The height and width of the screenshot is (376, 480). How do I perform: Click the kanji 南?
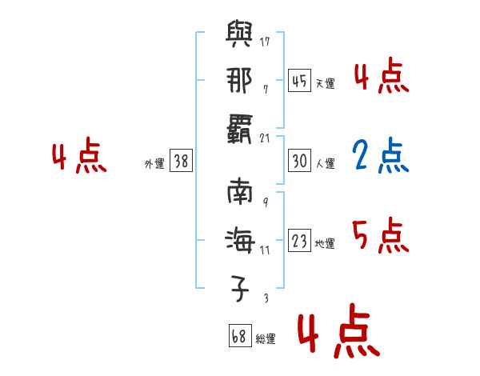(x=239, y=193)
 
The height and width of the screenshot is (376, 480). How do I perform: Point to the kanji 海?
(x=239, y=239)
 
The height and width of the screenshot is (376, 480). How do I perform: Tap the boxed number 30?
(x=300, y=161)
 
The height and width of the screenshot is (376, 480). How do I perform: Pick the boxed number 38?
(x=181, y=161)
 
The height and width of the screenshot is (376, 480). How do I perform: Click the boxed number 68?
(x=239, y=337)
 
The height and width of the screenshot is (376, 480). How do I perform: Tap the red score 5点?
(x=381, y=235)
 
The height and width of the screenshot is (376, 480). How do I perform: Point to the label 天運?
(x=325, y=83)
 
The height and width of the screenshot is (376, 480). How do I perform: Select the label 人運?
(x=325, y=164)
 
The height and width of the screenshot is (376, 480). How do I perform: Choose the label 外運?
(x=154, y=164)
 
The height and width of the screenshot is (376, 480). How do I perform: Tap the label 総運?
(x=265, y=340)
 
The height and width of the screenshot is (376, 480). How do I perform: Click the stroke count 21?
(x=266, y=138)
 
